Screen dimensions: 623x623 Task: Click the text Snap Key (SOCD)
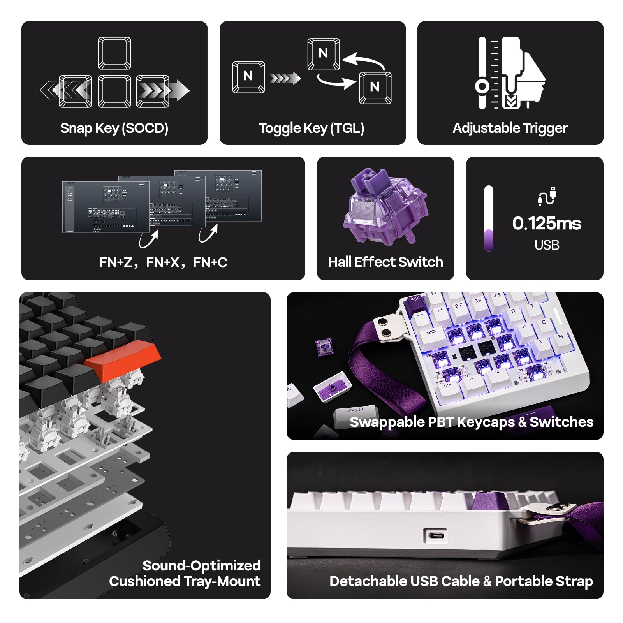pyautogui.click(x=114, y=128)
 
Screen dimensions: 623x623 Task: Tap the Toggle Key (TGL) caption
pyautogui.click(x=311, y=128)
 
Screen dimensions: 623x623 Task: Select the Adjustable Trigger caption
pyautogui.click(x=510, y=128)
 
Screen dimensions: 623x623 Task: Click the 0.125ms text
pyautogui.click(x=547, y=224)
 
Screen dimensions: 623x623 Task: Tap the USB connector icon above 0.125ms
pyautogui.click(x=547, y=196)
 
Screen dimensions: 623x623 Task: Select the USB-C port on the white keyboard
pyautogui.click(x=435, y=535)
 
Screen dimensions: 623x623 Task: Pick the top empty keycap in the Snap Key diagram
pyautogui.click(x=114, y=53)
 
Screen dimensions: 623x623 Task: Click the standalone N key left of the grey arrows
pyautogui.click(x=248, y=77)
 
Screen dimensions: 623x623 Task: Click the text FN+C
pyautogui.click(x=210, y=262)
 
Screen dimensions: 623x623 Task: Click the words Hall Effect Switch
pyautogui.click(x=385, y=262)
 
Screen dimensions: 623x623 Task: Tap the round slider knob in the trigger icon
pyautogui.click(x=482, y=86)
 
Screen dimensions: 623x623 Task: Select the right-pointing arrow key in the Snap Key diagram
pyautogui.click(x=153, y=91)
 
